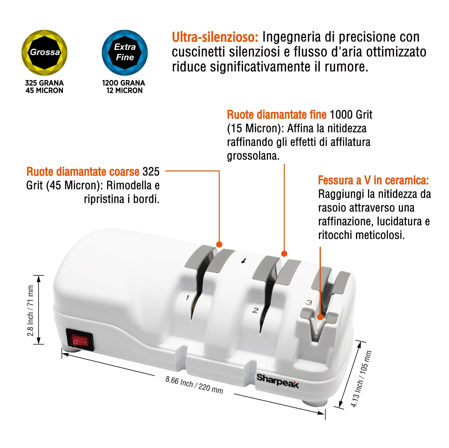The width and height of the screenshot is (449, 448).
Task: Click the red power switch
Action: click(80, 340)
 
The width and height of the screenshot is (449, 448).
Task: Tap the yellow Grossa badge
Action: click(45, 53)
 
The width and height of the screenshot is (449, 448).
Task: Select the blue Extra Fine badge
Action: click(125, 53)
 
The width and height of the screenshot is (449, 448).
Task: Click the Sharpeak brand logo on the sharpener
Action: click(278, 381)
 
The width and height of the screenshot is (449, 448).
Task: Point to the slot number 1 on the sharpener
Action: click(188, 297)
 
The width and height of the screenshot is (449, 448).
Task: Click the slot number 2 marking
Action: click(255, 311)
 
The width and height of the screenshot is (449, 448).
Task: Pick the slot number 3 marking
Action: click(309, 303)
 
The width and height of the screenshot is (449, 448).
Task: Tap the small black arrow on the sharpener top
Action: click(244, 261)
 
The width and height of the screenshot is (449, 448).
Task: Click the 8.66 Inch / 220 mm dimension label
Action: click(194, 385)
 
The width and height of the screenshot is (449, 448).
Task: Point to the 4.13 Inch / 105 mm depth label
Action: click(361, 379)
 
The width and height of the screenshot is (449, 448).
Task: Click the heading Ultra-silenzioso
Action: click(215, 37)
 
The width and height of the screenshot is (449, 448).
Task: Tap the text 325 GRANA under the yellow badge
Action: click(44, 83)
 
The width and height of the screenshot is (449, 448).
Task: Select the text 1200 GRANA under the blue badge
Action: click(124, 83)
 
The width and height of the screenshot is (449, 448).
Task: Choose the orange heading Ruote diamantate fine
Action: click(277, 115)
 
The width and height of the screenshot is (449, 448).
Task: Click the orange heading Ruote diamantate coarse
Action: click(83, 172)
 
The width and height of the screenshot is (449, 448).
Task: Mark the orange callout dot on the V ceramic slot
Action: click(320, 317)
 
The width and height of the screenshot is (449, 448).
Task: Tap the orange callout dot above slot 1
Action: click(219, 245)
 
